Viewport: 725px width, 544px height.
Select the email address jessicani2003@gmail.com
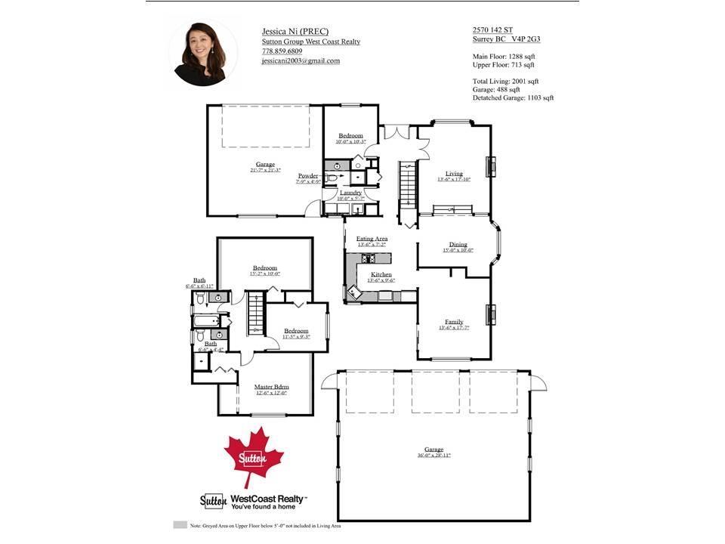tap(301, 61)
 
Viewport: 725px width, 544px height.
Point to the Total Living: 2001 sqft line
tap(506, 81)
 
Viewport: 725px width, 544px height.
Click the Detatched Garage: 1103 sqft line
tap(514, 97)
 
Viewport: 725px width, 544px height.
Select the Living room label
tap(454, 173)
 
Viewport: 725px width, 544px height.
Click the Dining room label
tap(458, 244)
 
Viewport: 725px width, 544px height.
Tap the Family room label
tap(454, 322)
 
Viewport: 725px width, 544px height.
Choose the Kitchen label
tap(381, 274)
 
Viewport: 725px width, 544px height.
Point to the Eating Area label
tap(372, 239)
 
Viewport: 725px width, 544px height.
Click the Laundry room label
tap(350, 193)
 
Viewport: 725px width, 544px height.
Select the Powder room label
tap(308, 175)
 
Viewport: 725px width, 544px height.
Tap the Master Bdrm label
tap(271, 387)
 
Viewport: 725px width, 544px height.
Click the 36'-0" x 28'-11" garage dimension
tap(433, 456)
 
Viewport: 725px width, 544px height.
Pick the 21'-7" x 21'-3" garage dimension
tap(265, 170)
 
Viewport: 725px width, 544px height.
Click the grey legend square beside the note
tap(180, 524)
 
